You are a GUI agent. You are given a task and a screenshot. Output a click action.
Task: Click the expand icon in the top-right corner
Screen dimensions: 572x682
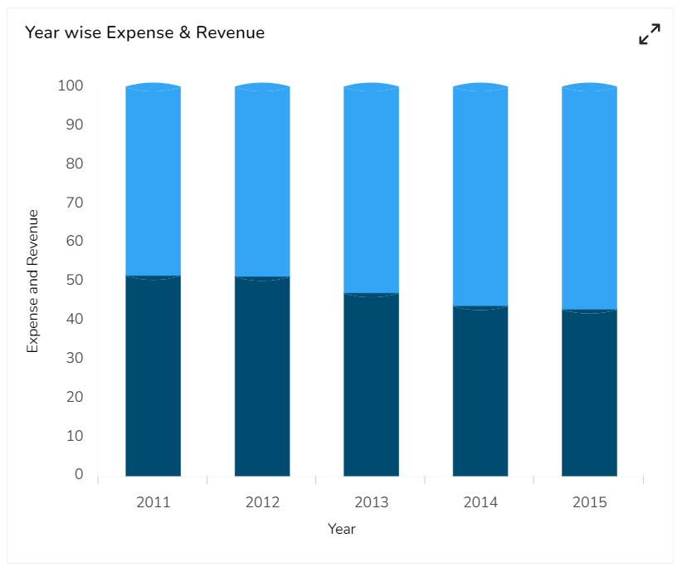point(650,34)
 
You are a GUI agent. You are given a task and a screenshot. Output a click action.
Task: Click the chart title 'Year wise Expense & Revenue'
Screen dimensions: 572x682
point(144,32)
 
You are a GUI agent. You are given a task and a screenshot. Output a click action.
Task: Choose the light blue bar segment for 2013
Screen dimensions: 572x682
point(371,189)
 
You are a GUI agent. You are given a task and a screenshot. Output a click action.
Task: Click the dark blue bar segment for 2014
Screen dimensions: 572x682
point(480,391)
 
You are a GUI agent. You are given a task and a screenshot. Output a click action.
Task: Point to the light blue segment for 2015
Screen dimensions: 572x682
point(589,198)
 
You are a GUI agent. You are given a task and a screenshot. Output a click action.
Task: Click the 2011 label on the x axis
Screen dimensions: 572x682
point(153,502)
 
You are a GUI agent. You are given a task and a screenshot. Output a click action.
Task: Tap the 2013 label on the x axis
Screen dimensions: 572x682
point(371,502)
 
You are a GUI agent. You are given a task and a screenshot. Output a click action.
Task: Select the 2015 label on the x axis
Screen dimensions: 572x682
point(589,502)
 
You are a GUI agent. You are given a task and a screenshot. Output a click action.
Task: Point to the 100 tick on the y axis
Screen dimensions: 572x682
point(70,86)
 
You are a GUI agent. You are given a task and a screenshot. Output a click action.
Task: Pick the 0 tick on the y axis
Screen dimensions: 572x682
point(79,474)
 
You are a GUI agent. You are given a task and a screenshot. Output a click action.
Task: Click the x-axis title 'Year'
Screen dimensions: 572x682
point(342,529)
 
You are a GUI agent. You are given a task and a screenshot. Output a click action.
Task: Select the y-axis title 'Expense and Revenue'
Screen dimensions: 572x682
point(33,281)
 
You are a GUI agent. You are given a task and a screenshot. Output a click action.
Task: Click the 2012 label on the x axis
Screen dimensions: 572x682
point(262,502)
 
